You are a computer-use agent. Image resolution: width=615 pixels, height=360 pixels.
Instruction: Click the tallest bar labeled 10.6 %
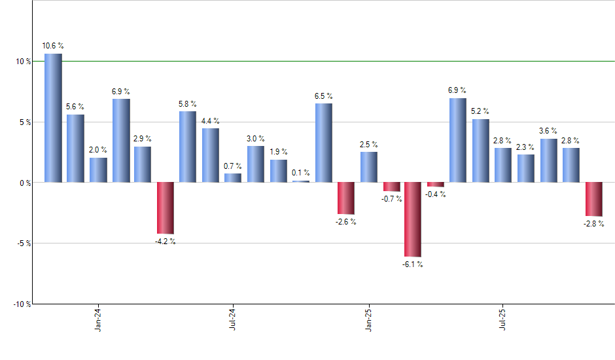[x=53, y=118]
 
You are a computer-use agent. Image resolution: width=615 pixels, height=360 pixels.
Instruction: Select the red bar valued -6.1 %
[x=412, y=219]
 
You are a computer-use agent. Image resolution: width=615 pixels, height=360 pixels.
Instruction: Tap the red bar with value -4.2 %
[x=165, y=207]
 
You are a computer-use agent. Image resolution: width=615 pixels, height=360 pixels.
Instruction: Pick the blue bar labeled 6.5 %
[x=323, y=143]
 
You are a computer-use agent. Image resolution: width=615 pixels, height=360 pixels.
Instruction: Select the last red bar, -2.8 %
[x=593, y=199]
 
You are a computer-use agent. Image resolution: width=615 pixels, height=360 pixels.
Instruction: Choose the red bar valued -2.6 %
[x=345, y=198]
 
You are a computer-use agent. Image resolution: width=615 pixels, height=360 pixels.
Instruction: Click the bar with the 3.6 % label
[x=548, y=160]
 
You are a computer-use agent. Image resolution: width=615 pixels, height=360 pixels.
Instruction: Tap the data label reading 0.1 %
[x=302, y=173]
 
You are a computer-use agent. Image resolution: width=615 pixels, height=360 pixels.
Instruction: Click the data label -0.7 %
[x=391, y=198]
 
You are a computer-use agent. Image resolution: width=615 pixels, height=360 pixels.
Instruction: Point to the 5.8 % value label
[x=188, y=104]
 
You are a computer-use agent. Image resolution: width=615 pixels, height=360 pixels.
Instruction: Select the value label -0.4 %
[x=435, y=194]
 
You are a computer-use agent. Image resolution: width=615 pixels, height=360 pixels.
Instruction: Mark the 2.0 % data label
[x=98, y=150]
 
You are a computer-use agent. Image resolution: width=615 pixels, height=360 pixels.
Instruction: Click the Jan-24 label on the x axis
[x=98, y=321]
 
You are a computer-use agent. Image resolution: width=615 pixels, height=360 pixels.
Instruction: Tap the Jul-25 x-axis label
[x=502, y=321]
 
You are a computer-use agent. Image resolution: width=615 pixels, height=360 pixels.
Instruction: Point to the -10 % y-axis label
[x=21, y=304]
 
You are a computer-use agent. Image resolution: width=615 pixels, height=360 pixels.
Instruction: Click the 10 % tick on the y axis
[x=23, y=62]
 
